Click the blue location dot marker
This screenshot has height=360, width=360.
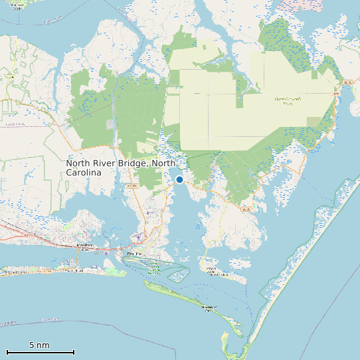[x=179, y=179]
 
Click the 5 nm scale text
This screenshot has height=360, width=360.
[x=39, y=345]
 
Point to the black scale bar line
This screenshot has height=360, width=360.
[x=40, y=352]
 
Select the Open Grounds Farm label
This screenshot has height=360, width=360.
[x=288, y=101]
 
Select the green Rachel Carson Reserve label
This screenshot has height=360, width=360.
[x=154, y=268]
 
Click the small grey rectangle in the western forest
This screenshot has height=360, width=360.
[x=110, y=125]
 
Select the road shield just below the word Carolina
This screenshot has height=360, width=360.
[x=134, y=185]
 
